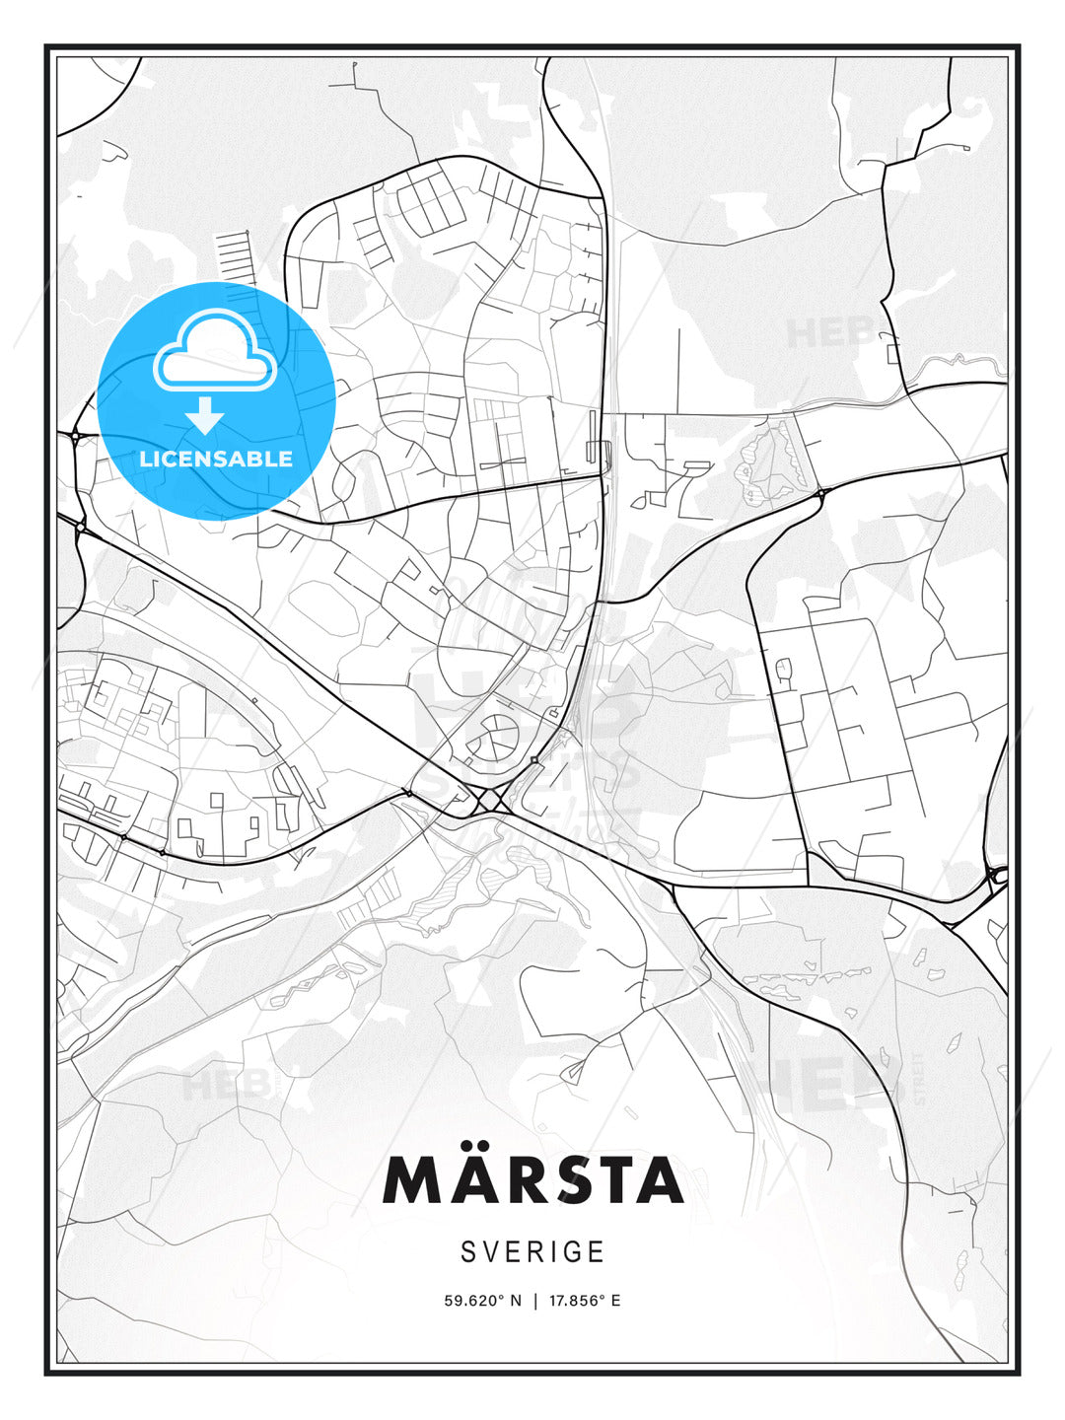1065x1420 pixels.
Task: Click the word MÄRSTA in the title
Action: click(x=532, y=1180)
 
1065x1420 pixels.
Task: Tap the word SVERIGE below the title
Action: click(x=532, y=1251)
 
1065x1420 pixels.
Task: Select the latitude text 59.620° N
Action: click(x=482, y=1301)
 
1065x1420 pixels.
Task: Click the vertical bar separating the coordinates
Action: click(x=535, y=1301)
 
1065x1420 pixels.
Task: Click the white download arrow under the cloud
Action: click(x=205, y=416)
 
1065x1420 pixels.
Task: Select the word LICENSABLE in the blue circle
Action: click(x=216, y=459)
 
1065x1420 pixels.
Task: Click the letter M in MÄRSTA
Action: click(x=411, y=1181)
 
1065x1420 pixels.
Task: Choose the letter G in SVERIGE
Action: click(x=571, y=1251)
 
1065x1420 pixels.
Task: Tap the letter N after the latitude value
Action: click(x=515, y=1301)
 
